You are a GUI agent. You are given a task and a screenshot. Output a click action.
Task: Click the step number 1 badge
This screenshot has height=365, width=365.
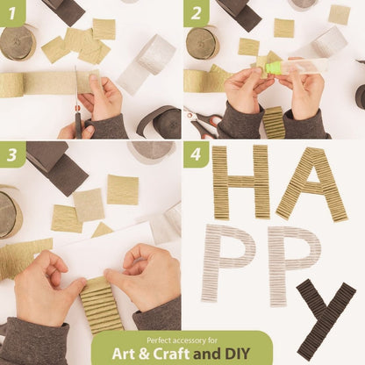click(12, 13)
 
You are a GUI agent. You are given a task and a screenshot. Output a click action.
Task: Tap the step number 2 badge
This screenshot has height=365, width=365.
click(196, 13)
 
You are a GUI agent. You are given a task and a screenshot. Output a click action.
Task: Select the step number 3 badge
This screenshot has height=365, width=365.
click(12, 154)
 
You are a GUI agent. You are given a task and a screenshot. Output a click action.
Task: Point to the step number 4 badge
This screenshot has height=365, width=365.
click(196, 154)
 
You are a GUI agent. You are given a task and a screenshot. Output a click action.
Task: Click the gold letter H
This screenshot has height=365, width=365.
click(241, 182)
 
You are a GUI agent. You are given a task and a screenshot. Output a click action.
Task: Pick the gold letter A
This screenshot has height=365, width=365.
click(311, 184)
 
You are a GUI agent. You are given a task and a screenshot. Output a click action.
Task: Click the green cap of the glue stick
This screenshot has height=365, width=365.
click(273, 68)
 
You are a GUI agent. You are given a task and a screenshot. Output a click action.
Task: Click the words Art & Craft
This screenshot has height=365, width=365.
click(151, 354)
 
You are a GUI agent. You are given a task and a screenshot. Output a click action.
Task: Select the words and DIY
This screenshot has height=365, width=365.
click(222, 354)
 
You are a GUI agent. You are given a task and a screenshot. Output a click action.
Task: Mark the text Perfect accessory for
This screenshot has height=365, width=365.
click(182, 340)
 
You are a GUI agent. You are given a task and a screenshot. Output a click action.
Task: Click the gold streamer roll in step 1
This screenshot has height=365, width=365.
click(18, 42)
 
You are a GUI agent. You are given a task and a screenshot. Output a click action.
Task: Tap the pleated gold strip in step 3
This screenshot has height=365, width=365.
click(100, 304)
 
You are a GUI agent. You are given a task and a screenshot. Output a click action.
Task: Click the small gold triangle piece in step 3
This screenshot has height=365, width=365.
click(103, 230)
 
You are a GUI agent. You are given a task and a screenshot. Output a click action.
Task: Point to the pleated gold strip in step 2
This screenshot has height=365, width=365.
click(274, 122)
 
